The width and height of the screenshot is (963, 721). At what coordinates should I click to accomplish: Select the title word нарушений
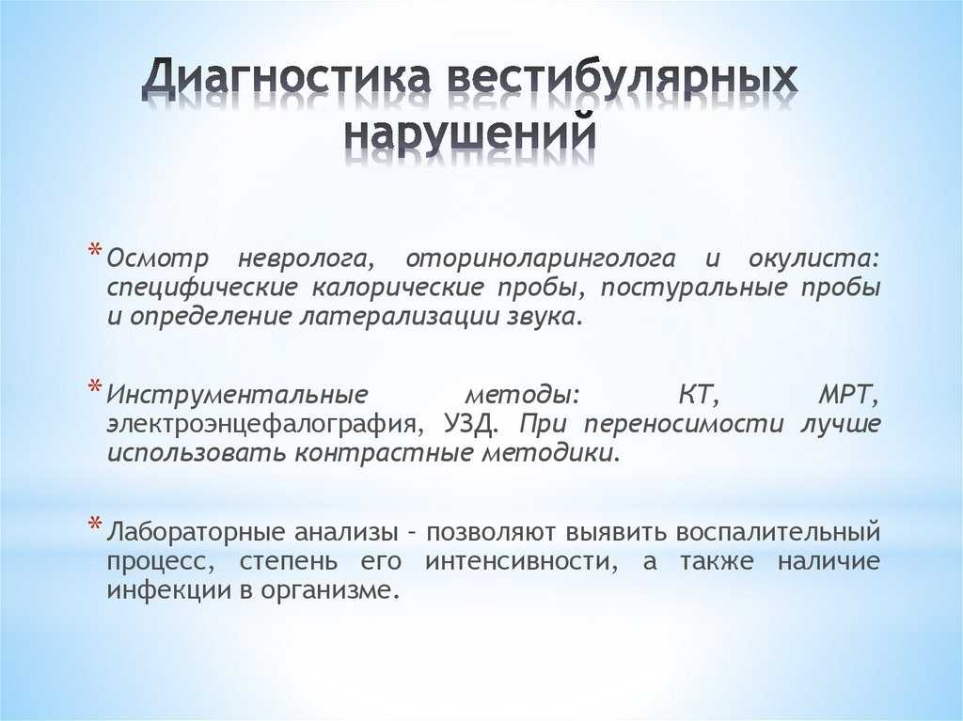pos(470,132)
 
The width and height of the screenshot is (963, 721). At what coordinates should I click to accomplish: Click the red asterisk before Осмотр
pos(95,251)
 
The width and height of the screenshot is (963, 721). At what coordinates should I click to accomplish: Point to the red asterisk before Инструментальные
pos(95,387)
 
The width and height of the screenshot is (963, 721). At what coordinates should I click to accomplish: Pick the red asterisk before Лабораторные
pos(95,525)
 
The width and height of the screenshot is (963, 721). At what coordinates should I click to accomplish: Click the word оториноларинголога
pos(540,259)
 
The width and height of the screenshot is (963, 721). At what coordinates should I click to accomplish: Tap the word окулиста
pos(813,259)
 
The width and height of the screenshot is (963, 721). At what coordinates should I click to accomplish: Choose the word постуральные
pos(693,289)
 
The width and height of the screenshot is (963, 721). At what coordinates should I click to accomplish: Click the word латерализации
pos(398,317)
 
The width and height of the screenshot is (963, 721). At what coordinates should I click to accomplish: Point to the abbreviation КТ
pos(699,394)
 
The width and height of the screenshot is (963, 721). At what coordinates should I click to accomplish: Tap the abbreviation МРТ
pos(849,394)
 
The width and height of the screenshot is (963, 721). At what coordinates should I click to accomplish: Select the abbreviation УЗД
pos(468,424)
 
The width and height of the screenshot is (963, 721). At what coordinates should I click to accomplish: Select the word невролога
pos(306,259)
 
